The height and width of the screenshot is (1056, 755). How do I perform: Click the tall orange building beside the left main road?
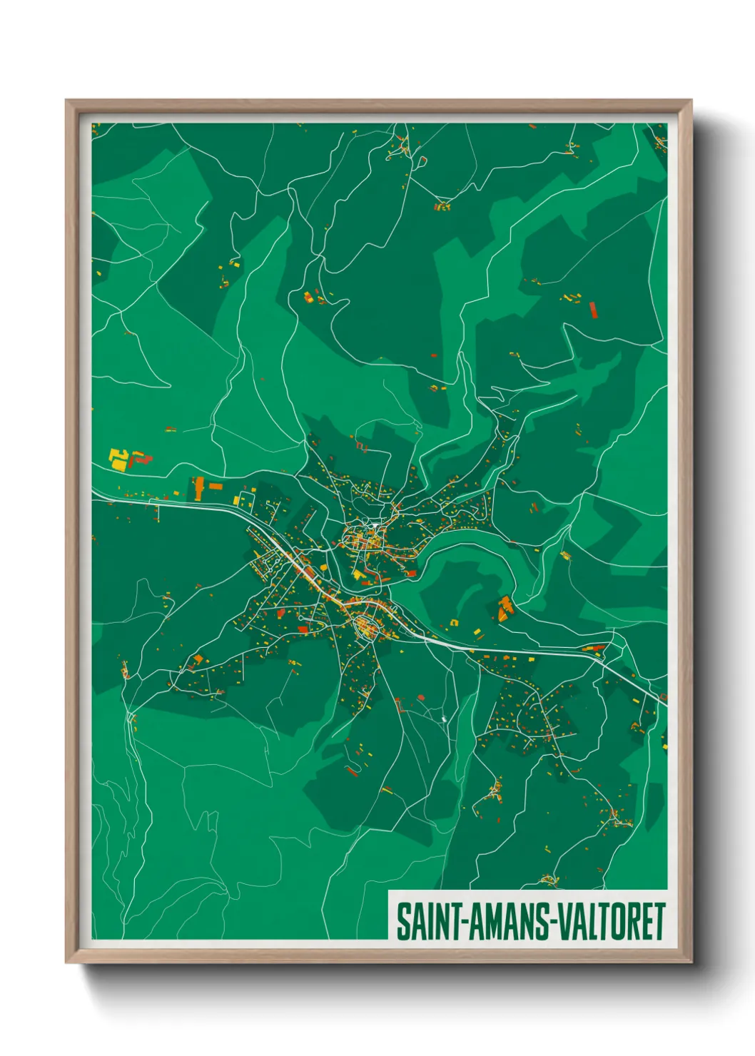(198, 489)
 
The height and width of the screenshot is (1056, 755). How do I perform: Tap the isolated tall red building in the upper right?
(592, 309)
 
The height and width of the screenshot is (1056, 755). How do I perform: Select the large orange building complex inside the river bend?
(505, 608)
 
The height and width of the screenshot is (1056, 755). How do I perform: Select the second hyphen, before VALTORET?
(551, 923)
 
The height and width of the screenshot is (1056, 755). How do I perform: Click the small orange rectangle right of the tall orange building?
(216, 487)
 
